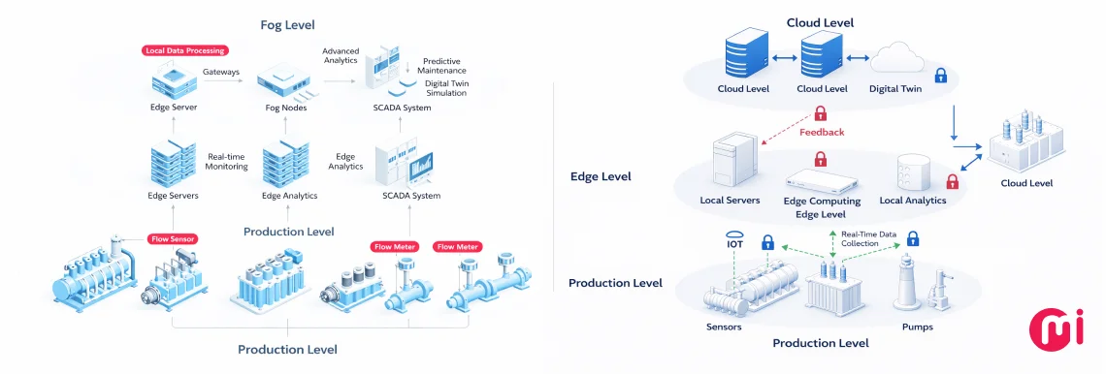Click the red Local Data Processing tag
[x=184, y=50]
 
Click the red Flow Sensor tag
[x=173, y=238]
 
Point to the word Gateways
[x=221, y=72]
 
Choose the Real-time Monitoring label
[x=227, y=161]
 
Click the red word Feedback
[x=823, y=132]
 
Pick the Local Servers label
[x=729, y=201]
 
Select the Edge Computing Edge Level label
[x=822, y=206]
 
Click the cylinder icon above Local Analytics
[x=914, y=171]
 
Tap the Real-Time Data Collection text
[x=868, y=239]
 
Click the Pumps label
[x=917, y=327]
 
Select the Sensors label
[x=724, y=327]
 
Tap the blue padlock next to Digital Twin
[x=939, y=75]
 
